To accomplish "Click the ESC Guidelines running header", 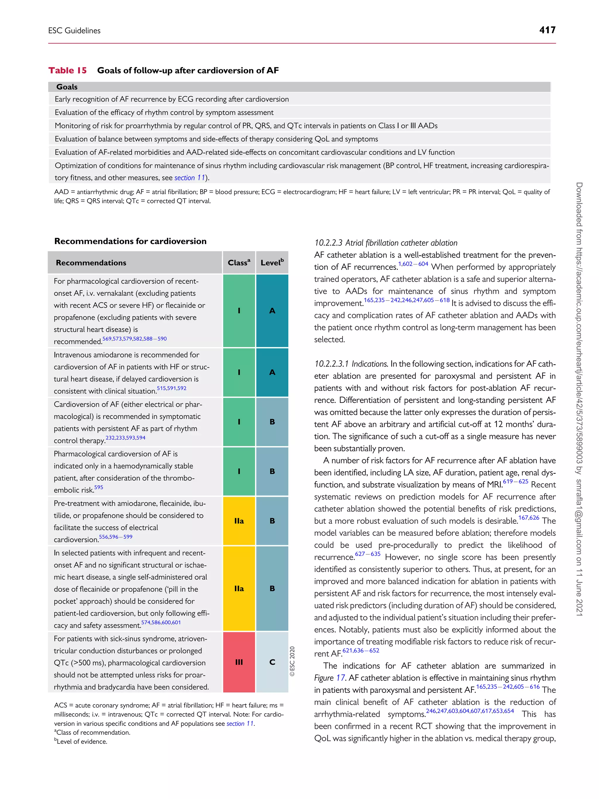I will [x=74, y=31].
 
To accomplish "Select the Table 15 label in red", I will [x=68, y=71].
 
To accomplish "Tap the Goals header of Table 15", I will [x=67, y=87].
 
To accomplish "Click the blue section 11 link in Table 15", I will [x=190, y=178].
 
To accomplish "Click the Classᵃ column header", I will [x=239, y=263].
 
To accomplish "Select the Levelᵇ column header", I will [x=272, y=263].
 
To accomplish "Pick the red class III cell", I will [x=239, y=662].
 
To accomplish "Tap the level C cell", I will [x=272, y=662].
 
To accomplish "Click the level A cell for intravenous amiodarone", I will [x=272, y=372].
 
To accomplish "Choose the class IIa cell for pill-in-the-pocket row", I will [x=239, y=588].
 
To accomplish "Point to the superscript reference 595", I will [x=99, y=487].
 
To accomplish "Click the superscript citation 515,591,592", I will [x=171, y=388].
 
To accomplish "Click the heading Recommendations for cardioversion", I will [x=130, y=241].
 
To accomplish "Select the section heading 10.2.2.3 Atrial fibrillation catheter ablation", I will [x=385, y=243].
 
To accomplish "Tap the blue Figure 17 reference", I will [x=330, y=678].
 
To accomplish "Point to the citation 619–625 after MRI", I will [x=515, y=482].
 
